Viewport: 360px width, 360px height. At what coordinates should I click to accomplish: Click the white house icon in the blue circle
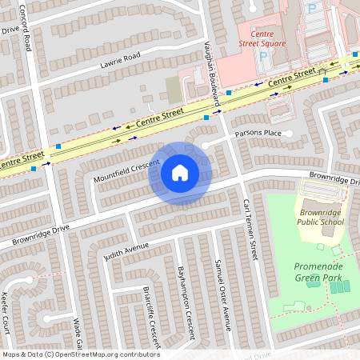[x=180, y=173]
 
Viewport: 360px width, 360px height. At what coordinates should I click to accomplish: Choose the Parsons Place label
[x=258, y=133]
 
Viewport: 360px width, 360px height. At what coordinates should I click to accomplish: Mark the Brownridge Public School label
[x=320, y=216]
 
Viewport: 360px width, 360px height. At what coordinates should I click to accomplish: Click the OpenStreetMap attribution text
[x=80, y=354]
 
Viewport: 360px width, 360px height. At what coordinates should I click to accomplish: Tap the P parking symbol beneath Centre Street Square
[x=263, y=57]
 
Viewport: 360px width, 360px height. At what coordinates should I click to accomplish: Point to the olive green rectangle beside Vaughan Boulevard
[x=173, y=89]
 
